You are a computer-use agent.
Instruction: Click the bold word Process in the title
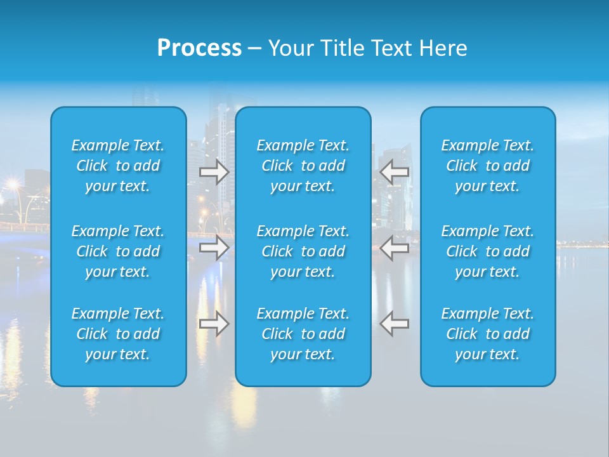(199, 48)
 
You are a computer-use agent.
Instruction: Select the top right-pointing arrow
(214, 172)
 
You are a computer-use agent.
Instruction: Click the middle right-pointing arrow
(214, 247)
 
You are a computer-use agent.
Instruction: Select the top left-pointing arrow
(394, 172)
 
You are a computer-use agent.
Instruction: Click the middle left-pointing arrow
(394, 247)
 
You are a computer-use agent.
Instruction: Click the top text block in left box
(118, 166)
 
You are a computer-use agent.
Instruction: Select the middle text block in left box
(118, 251)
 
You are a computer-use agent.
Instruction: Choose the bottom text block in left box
(118, 334)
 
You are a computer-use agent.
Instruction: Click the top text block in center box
(303, 166)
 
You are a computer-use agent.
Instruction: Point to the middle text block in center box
(303, 251)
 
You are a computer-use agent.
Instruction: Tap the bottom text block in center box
(303, 334)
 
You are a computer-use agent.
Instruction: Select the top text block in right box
(488, 166)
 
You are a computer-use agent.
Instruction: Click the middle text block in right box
(488, 251)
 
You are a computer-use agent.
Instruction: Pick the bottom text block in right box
(488, 334)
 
